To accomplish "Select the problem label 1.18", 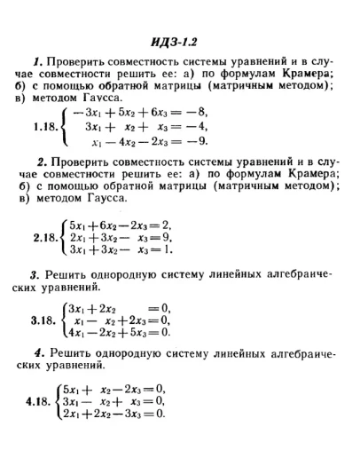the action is [44, 127].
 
